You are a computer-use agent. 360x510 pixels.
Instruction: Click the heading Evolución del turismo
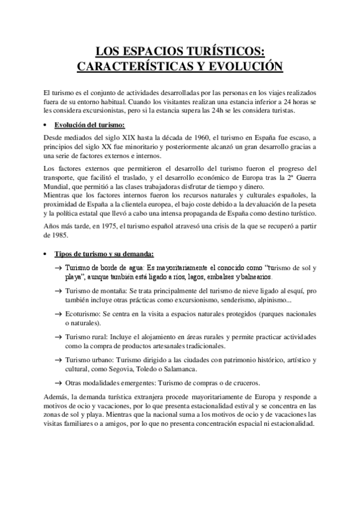[89, 125]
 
